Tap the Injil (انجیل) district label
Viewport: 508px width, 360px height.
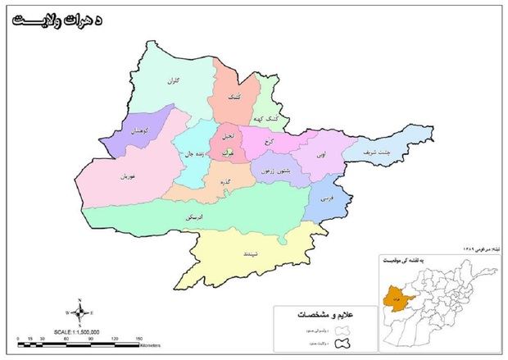(x=227, y=133)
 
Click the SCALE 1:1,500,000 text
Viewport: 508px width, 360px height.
(x=73, y=332)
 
